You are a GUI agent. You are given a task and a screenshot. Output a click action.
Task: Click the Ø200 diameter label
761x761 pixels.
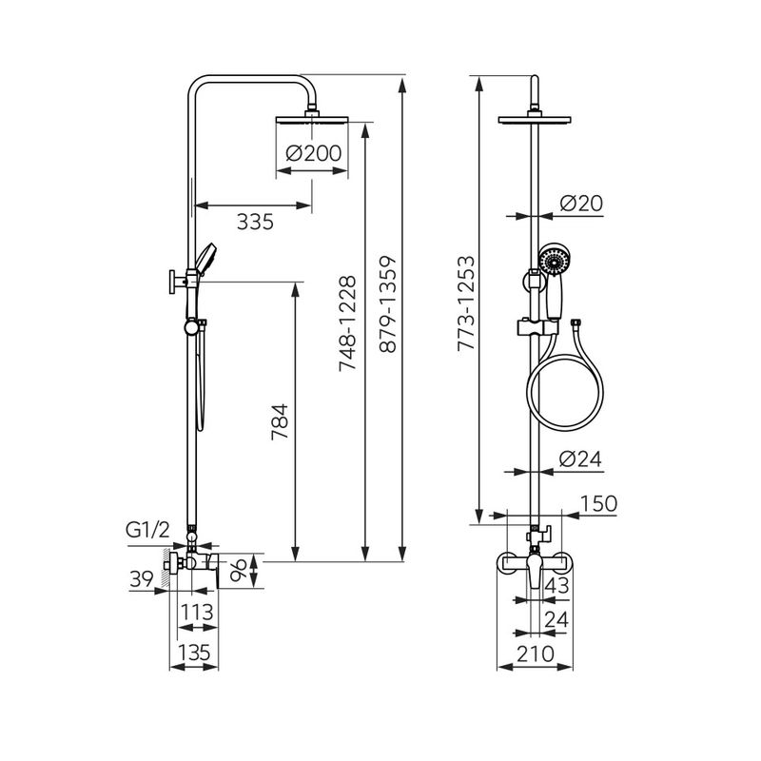coord(314,153)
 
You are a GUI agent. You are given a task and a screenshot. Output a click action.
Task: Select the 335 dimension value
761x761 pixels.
coord(255,222)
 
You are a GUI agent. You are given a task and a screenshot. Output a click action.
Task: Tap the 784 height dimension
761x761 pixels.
coord(280,421)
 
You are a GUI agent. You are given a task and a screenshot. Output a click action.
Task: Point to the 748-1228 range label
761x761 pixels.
coord(347,323)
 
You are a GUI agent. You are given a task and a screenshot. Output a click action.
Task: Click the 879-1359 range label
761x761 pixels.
coord(388,304)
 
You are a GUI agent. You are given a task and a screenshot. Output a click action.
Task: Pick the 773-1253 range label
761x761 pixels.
coord(466,303)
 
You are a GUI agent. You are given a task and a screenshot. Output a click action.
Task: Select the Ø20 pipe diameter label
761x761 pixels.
coord(581,203)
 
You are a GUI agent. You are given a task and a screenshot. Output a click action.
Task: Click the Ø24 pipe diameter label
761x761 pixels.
coord(580,459)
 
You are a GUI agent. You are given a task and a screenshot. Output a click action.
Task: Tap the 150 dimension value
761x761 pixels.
coord(598,504)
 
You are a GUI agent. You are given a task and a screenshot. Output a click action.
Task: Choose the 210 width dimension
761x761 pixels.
coord(535,654)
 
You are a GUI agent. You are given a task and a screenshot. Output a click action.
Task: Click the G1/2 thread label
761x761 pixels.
coord(147,530)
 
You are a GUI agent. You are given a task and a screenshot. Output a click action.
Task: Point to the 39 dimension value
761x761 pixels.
coord(142,579)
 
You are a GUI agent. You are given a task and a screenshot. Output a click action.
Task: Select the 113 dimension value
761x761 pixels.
coord(197,612)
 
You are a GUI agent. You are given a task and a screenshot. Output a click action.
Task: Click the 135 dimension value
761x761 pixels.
coord(194,653)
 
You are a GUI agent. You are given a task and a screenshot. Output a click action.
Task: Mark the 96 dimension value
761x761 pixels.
coord(239,570)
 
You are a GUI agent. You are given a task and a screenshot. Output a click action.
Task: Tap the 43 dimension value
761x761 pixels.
coord(556,586)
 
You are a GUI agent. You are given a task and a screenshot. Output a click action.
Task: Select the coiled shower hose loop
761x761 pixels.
coord(566,391)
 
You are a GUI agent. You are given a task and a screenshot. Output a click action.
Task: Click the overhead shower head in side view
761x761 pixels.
coord(312,119)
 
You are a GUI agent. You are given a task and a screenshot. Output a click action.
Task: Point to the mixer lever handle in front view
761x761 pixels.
coord(535,572)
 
